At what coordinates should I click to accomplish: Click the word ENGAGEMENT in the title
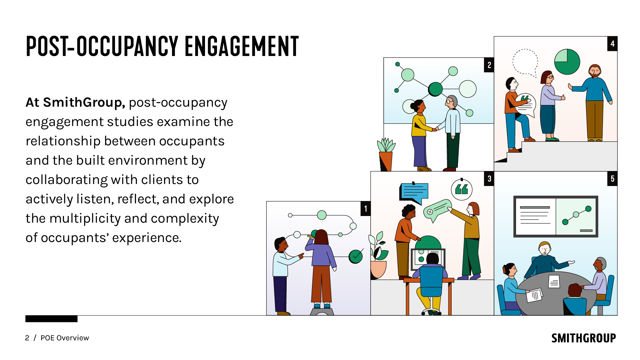click(242, 47)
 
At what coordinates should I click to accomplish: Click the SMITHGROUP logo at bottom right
click(583, 338)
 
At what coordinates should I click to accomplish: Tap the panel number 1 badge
click(366, 209)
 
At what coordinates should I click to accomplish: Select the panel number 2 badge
click(489, 65)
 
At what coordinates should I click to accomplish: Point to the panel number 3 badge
click(489, 179)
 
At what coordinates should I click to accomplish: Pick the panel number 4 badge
click(612, 44)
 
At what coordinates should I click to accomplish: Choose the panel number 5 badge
click(612, 179)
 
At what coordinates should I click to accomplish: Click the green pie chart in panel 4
click(567, 62)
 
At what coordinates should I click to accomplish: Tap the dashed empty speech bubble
click(525, 62)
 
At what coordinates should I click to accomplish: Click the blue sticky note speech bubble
click(414, 192)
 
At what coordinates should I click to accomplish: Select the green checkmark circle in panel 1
click(356, 256)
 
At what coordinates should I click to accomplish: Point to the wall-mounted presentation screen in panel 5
click(556, 216)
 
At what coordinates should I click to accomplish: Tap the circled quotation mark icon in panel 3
click(462, 190)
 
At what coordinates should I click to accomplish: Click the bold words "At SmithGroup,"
click(75, 103)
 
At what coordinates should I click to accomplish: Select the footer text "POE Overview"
click(65, 338)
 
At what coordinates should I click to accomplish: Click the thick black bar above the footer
click(51, 319)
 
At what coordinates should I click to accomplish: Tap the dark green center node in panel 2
click(435, 89)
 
